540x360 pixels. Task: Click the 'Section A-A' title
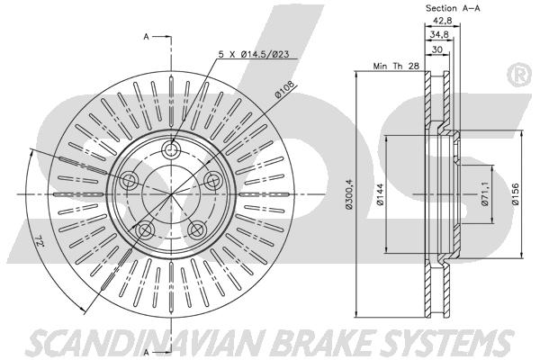tap(453, 8)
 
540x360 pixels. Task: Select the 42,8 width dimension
tap(443, 21)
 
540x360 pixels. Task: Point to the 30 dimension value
tap(437, 49)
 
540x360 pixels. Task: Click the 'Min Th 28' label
tap(396, 66)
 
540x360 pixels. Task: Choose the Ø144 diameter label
tap(380, 194)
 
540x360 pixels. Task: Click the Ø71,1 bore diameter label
tap(485, 194)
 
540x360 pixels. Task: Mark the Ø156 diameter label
tap(515, 194)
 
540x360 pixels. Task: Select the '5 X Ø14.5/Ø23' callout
tap(254, 54)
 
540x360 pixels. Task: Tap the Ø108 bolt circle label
tap(284, 90)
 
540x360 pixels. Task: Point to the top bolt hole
tap(172, 150)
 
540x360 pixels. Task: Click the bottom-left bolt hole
tap(145, 229)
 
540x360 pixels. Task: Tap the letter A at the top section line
tap(147, 37)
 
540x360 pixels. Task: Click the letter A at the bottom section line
tap(147, 352)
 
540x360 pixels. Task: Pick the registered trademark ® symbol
tap(520, 75)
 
